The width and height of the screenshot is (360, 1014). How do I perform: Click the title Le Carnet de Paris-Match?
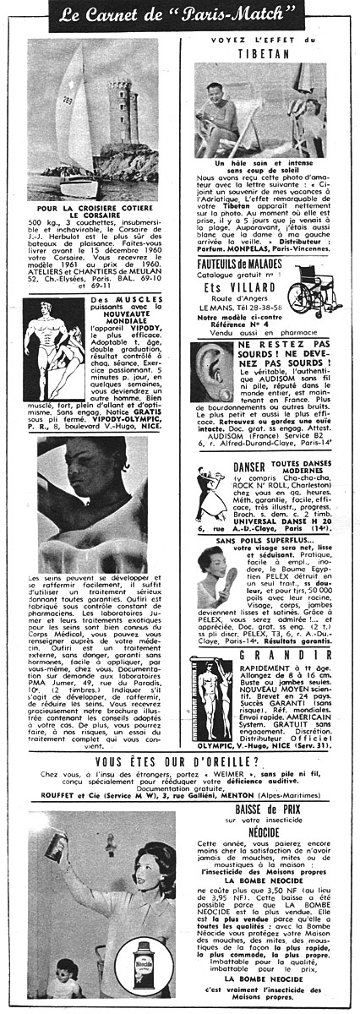pyautogui.click(x=179, y=15)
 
